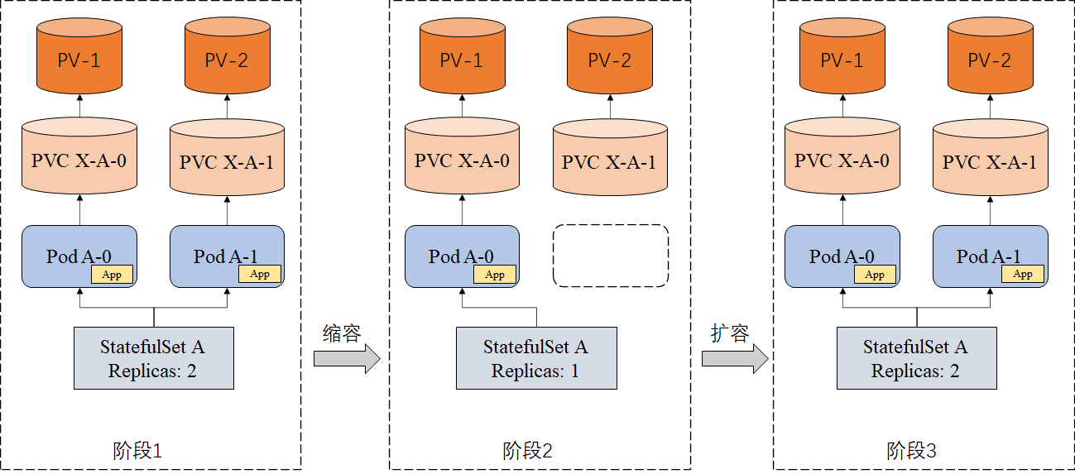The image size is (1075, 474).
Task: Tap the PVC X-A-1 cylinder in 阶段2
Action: [609, 159]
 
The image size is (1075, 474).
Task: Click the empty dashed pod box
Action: [610, 256]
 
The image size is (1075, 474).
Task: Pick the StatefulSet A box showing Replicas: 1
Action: [535, 357]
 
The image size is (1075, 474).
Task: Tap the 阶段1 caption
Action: [137, 451]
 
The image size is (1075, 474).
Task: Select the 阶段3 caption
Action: [911, 451]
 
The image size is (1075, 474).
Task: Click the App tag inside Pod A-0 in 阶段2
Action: [495, 275]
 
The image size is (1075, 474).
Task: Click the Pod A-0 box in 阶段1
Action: [79, 256]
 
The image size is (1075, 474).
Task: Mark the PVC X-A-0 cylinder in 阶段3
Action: [842, 159]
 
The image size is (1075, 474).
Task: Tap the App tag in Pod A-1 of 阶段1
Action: [260, 274]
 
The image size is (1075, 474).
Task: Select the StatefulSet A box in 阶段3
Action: [916, 357]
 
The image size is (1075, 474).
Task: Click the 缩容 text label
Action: [341, 333]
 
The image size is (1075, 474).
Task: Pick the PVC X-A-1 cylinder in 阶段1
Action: [227, 159]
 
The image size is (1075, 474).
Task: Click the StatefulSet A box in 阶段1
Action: [153, 357]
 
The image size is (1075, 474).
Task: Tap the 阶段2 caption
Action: [527, 451]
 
